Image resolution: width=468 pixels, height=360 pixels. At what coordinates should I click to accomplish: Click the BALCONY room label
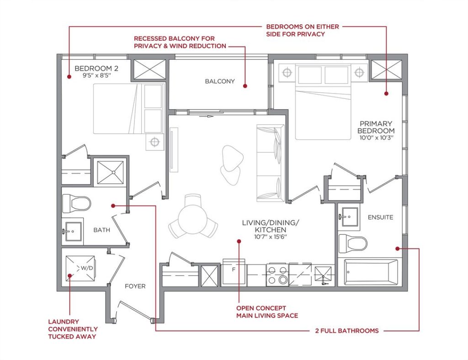coord(220,81)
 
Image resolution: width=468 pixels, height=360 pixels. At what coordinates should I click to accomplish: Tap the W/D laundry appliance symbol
coord(80,268)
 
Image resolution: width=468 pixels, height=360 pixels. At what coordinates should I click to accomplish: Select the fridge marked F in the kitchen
coord(234,271)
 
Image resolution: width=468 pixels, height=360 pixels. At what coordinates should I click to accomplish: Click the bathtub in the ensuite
coord(371,272)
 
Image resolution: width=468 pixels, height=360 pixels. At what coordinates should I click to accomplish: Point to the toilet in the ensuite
coord(353,243)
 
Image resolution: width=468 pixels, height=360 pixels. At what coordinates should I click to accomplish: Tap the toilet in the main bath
coord(76,203)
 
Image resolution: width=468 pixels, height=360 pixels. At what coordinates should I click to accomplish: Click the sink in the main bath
coord(72,231)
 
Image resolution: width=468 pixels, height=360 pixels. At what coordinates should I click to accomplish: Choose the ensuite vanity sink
coord(349,217)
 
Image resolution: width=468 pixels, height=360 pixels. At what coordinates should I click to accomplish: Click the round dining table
coord(193,219)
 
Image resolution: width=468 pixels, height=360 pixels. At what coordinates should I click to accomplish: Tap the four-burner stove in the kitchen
coord(277,275)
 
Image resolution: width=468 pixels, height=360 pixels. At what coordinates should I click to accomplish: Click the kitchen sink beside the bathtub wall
coord(323,276)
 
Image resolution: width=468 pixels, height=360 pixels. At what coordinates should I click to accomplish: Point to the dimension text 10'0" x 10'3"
coord(377,138)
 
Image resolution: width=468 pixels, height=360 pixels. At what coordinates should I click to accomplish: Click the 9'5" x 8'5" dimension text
coord(96,76)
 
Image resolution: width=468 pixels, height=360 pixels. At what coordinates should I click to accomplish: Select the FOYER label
coord(135,286)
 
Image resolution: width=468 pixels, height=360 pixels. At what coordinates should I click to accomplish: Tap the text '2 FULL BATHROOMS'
coord(347,331)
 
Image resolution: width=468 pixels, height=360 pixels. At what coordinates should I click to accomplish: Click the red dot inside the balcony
coord(245,86)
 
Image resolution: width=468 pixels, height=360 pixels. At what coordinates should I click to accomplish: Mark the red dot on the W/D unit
coord(69,275)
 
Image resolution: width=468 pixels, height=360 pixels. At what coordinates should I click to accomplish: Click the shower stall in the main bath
coord(110,172)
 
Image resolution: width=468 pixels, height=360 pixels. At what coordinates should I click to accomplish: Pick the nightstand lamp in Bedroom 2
coord(154,142)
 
